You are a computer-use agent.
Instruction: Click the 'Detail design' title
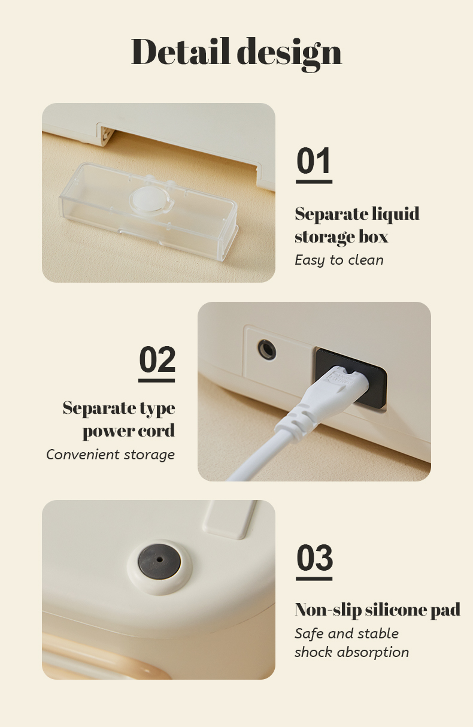(x=236, y=53)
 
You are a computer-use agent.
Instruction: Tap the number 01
(x=314, y=160)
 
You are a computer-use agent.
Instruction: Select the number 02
(x=157, y=359)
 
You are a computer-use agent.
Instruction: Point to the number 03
(x=314, y=558)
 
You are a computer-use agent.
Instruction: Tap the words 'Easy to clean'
(x=339, y=260)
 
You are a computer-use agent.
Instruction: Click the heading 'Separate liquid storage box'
(x=357, y=225)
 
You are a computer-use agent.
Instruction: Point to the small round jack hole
(x=267, y=350)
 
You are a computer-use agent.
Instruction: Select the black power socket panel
(x=351, y=378)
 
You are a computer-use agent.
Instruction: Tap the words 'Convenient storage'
(x=110, y=455)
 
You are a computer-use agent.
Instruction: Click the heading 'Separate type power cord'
(x=119, y=419)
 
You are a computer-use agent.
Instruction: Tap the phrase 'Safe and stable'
(x=347, y=633)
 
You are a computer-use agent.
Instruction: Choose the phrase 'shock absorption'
(x=351, y=652)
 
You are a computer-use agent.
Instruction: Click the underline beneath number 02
(x=157, y=381)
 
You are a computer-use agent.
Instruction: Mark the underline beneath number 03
(x=314, y=578)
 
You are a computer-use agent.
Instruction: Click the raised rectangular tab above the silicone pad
(x=229, y=520)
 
